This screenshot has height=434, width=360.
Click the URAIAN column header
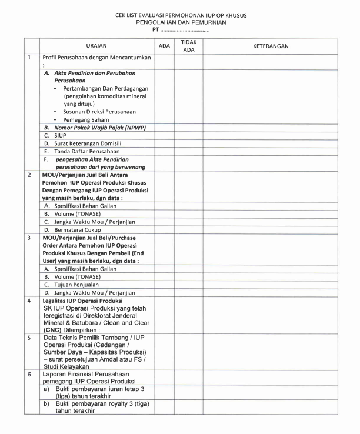[x=96, y=46]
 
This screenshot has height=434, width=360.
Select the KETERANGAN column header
[x=270, y=46]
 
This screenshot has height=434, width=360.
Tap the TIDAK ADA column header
[x=188, y=46]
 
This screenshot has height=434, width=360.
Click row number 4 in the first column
[x=29, y=301]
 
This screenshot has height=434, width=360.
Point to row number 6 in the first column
[x=29, y=373]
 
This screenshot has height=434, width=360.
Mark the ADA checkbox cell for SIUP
[x=164, y=135]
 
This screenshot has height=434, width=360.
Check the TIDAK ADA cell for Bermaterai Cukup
[x=188, y=229]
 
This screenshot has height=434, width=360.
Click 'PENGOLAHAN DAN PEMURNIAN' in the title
[x=181, y=22]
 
